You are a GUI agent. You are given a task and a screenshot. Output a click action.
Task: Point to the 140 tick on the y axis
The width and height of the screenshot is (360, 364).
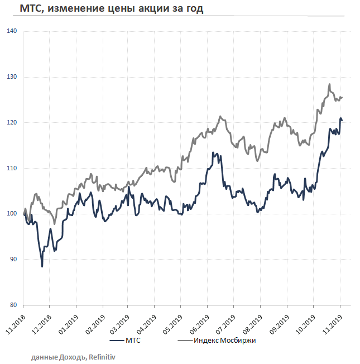15,31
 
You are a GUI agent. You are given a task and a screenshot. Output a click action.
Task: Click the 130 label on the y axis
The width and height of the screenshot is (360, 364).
15,77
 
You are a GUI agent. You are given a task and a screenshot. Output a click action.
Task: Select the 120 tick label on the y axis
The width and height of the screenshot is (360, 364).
15,123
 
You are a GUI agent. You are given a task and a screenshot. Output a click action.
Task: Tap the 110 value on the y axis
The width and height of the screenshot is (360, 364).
15,168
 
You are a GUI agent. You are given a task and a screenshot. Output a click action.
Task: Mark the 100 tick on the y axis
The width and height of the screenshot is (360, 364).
15,214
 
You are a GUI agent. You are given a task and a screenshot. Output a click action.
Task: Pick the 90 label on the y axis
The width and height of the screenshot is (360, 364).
16,260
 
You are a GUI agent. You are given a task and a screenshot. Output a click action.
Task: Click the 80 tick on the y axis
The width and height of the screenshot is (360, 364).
16,305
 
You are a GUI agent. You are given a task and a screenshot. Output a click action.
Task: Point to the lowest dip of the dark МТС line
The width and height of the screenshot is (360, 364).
42,266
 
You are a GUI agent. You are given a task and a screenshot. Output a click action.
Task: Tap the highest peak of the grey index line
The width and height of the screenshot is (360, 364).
329,85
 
